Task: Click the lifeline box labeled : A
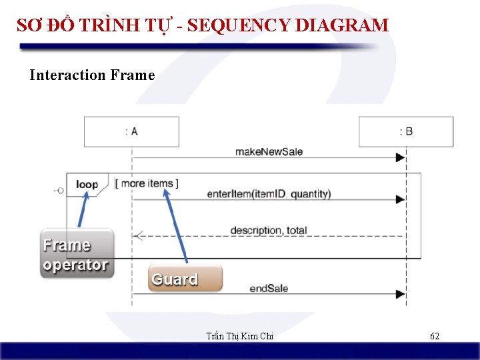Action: click(x=131, y=131)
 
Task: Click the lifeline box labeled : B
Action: click(x=406, y=131)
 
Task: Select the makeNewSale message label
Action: click(x=269, y=151)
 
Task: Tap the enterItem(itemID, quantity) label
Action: click(x=269, y=194)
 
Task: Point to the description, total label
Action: click(x=268, y=230)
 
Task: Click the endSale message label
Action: click(x=269, y=288)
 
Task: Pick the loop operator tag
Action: click(x=87, y=184)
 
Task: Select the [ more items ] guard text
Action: click(x=147, y=183)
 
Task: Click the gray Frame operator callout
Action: click(x=76, y=255)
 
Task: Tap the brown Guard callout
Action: click(x=185, y=279)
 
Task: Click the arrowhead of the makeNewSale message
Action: click(x=401, y=158)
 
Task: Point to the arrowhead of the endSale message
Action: click(x=401, y=294)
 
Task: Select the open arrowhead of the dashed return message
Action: click(x=138, y=235)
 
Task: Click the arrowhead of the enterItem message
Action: click(x=401, y=199)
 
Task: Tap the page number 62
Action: click(x=434, y=336)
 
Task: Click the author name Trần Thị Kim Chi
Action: click(x=240, y=336)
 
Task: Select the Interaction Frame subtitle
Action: click(x=92, y=75)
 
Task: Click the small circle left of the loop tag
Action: click(x=60, y=191)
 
